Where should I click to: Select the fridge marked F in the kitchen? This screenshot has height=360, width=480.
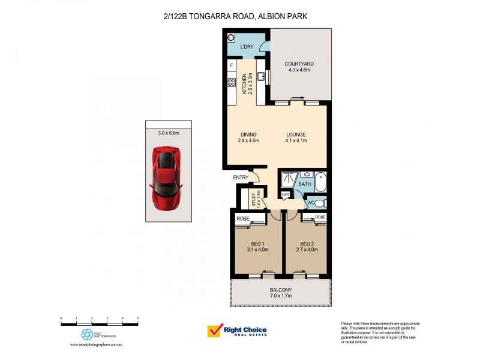pos(231,65)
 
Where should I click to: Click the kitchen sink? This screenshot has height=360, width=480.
pos(262,76)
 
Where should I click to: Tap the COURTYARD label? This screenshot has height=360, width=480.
pos(300,64)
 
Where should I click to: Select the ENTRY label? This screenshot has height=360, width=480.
pos(241,177)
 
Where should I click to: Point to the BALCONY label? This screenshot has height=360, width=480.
pos(281,290)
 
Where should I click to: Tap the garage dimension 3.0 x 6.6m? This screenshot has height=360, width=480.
pos(169,133)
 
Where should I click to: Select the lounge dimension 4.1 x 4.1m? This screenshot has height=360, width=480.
pos(296,141)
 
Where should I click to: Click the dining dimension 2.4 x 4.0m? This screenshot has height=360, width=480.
pos(248,141)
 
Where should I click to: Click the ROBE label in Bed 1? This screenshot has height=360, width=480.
pos(242,218)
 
